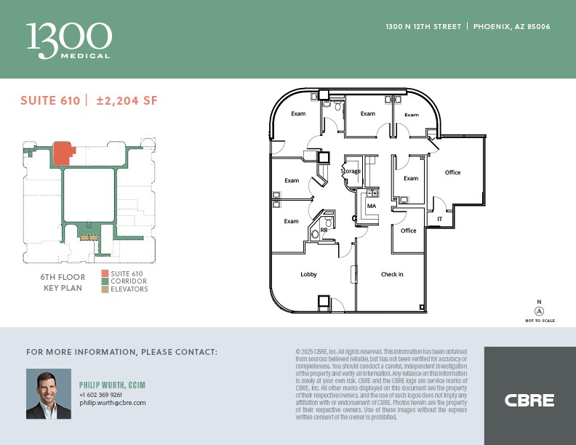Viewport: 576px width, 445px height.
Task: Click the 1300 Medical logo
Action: pos(69,39)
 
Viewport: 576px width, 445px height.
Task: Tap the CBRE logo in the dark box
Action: pos(529,400)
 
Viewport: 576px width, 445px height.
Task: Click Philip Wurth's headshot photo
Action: pos(49,393)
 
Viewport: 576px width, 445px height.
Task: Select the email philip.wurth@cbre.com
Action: pos(113,402)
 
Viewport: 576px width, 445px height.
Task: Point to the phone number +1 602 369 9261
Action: pos(101,394)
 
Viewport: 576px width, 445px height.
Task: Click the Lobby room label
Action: pos(308,274)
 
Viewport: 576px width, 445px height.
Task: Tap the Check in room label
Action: pos(392,274)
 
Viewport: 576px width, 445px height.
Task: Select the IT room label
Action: pos(439,218)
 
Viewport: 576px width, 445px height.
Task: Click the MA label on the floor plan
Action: pos(371,206)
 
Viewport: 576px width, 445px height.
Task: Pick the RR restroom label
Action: pos(324,230)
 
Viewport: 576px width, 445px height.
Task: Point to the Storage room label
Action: pos(351,172)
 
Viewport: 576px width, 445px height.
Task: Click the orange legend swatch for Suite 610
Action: pos(105,273)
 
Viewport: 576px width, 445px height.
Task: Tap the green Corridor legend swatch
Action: pos(105,281)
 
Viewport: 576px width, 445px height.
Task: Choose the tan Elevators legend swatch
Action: pos(105,289)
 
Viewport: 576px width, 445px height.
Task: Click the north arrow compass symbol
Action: pos(539,310)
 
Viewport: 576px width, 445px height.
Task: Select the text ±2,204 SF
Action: pos(126,100)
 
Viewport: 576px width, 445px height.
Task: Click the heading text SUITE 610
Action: pos(50,100)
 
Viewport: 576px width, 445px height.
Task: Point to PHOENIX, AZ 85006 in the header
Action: pos(511,26)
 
